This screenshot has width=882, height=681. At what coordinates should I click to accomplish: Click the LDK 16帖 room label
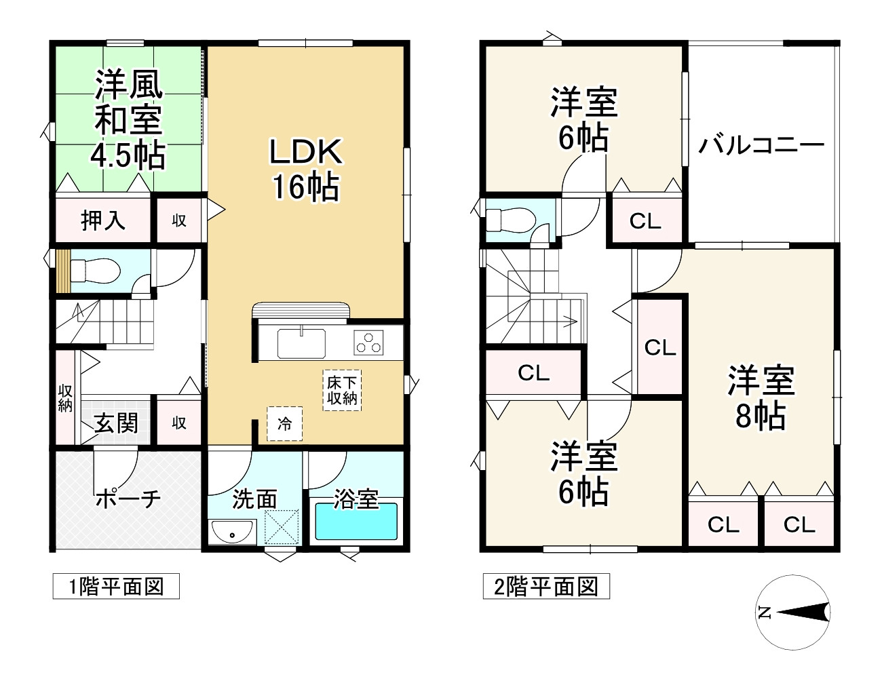coord(305,170)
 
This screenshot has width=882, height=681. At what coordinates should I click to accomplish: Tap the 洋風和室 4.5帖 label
coord(128,119)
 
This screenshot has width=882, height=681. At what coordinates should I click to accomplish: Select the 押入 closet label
coord(103,220)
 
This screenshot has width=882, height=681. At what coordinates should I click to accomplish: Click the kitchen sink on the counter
coord(301,342)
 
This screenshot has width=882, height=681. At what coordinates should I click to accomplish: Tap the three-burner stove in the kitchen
coord(368,342)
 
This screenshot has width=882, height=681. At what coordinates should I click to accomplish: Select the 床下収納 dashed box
coord(342,390)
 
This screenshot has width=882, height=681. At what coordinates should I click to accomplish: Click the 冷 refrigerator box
coord(285,424)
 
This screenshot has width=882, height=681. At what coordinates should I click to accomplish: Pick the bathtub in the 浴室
coord(356,521)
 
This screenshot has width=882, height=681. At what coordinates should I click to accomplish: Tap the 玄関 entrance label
coord(116,423)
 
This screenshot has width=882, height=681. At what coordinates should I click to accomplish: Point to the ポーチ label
coord(128,499)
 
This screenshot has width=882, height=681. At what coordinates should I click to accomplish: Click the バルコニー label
coord(761,145)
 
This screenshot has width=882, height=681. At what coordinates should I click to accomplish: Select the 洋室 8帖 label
coord(761,398)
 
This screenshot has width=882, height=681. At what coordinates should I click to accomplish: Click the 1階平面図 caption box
coord(116,586)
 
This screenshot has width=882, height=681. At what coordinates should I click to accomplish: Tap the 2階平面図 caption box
coord(546,586)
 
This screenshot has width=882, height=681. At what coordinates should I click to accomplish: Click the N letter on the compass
coord(765,612)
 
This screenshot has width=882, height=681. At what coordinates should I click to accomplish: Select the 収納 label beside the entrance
coord(65,398)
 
